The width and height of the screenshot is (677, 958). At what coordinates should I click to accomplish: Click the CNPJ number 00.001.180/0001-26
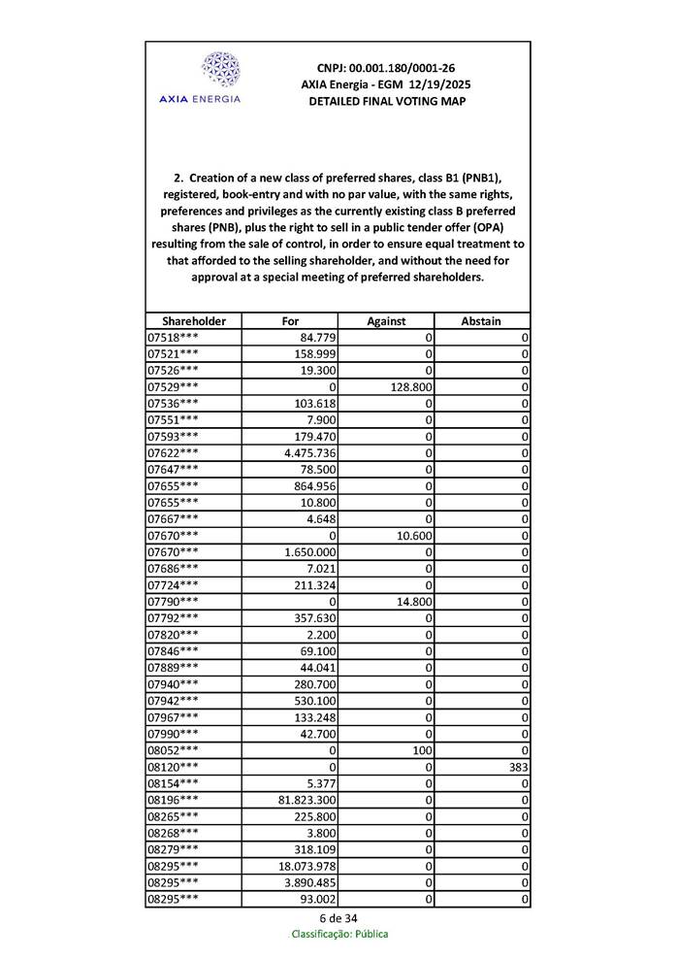tap(386, 68)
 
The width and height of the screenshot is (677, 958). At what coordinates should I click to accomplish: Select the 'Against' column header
tap(386, 321)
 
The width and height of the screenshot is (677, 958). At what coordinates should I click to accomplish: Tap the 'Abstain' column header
tap(482, 321)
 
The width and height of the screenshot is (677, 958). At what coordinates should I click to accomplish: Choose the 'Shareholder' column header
tap(194, 321)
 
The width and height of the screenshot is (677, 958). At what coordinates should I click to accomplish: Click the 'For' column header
tap(290, 321)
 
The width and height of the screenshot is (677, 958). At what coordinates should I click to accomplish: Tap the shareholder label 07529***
tap(174, 386)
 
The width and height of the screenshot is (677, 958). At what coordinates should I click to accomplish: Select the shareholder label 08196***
tap(174, 801)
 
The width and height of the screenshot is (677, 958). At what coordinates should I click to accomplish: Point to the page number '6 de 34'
tap(338, 918)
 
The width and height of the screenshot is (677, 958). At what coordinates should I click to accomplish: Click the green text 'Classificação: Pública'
tap(339, 935)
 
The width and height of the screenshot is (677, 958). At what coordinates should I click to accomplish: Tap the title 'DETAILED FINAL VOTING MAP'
tap(386, 101)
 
